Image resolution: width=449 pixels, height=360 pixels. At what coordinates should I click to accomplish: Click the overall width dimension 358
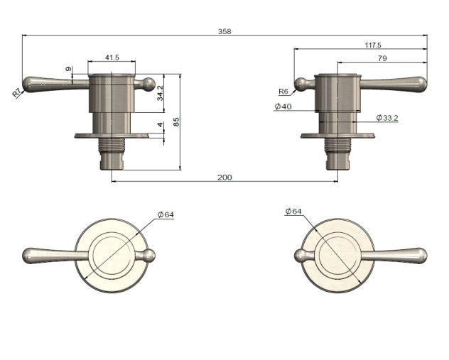click(225, 31)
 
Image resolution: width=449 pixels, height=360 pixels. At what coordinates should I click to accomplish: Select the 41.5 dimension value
click(111, 57)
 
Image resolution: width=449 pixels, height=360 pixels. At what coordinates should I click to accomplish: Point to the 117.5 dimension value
click(374, 44)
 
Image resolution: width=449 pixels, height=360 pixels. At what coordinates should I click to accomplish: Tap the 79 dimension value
click(382, 58)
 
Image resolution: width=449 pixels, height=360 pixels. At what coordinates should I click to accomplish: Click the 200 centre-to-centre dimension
click(224, 177)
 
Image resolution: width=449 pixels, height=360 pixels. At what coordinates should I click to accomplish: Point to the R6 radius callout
click(283, 92)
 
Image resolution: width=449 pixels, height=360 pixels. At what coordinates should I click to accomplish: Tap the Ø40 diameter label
click(282, 107)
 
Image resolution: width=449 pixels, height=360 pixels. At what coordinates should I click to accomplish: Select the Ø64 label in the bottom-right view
click(293, 212)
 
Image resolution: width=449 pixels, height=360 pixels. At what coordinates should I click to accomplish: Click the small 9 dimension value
click(68, 70)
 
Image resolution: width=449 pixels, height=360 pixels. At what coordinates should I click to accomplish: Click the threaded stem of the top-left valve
click(112, 145)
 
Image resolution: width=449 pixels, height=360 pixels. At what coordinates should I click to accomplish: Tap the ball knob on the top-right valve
click(301, 84)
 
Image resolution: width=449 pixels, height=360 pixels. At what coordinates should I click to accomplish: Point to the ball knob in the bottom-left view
click(149, 256)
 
